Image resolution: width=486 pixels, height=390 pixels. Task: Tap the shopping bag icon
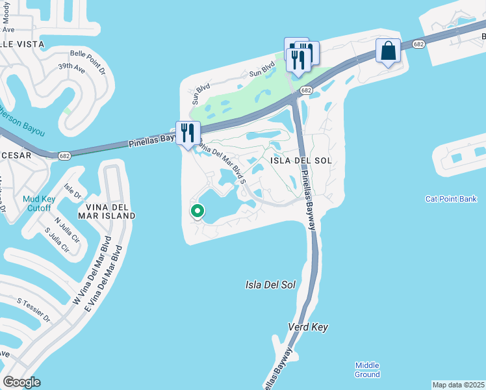(388, 51)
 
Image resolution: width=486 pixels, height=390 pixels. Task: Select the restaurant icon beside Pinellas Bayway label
(187, 133)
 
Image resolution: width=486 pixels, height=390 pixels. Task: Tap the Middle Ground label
(367, 370)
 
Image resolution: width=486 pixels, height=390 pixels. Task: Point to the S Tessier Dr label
(34, 309)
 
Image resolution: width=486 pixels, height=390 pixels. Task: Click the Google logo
(22, 382)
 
